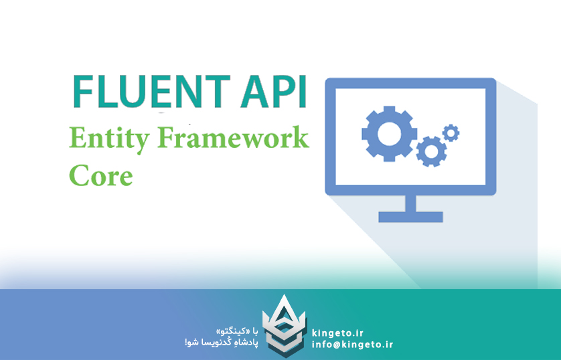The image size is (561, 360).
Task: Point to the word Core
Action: (100, 176)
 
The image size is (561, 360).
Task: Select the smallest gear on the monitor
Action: (451, 132)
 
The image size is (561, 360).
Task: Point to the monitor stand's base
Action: (410, 217)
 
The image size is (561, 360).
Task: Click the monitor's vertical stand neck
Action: (410, 203)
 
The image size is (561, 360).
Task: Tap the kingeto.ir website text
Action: (338, 333)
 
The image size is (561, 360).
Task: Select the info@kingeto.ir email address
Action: (352, 345)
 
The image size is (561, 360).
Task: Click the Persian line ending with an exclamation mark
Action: (221, 343)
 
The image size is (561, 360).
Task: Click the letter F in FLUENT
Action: (82, 92)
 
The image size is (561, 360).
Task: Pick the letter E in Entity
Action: (76, 139)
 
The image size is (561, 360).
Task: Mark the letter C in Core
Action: (78, 176)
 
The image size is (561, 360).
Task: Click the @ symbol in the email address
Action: (335, 345)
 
